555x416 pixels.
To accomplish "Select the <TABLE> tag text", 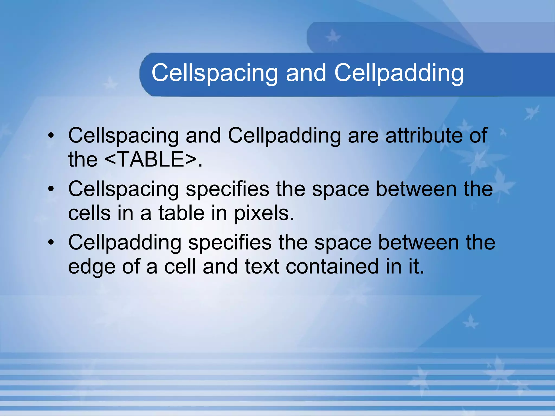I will point(151,159).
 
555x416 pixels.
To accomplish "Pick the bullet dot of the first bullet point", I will point(51,135).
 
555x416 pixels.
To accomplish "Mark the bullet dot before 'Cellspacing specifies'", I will point(51,189).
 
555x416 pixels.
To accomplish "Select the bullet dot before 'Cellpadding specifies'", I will point(51,242).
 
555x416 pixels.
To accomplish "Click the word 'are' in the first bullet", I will point(363,135).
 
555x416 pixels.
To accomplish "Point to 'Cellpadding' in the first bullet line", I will point(284,135).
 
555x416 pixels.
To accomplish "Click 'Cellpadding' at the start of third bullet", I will point(125,242).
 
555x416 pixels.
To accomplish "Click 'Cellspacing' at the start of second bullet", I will point(124,189).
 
